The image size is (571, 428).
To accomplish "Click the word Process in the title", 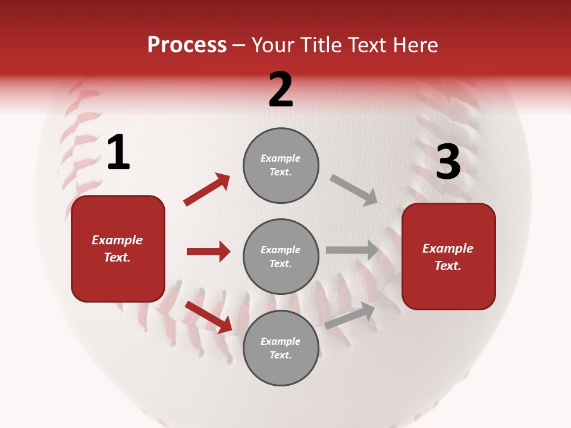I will click(187, 45).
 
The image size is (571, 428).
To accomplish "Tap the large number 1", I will click(118, 153).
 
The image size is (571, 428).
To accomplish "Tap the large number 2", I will click(281, 90).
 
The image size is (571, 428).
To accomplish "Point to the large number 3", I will click(448, 162).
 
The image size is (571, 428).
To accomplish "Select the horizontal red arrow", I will click(208, 251).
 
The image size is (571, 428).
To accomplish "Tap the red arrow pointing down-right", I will click(209, 317).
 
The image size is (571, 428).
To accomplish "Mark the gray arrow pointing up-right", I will click(350, 316).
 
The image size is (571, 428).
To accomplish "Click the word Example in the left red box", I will click(117, 240).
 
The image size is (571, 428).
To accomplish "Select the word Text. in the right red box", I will click(448, 266).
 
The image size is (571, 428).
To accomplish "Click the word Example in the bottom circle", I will click(281, 341).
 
